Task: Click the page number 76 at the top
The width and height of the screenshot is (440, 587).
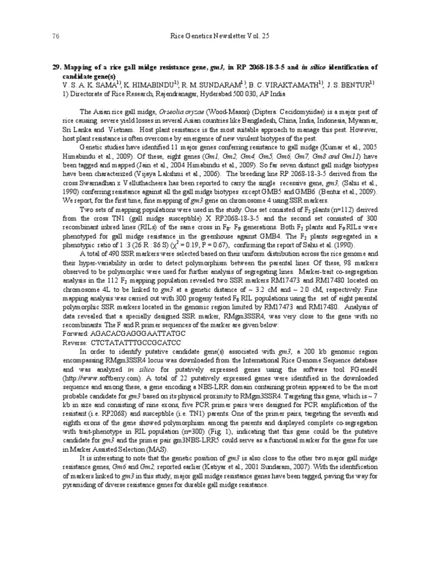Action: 56,36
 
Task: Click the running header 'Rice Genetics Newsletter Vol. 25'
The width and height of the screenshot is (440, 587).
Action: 220,36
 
